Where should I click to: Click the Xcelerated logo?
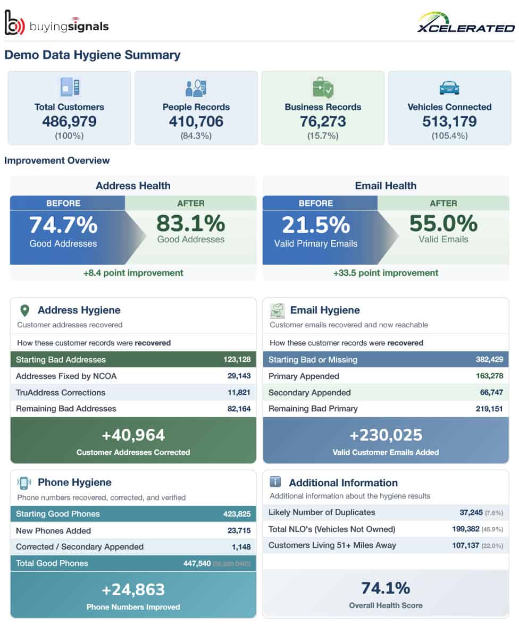click(x=465, y=23)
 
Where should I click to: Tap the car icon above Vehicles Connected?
click(x=449, y=87)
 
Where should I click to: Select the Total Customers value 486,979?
click(x=69, y=122)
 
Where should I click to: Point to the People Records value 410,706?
click(x=196, y=122)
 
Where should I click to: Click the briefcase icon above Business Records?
click(x=323, y=87)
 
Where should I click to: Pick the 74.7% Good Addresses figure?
click(x=63, y=224)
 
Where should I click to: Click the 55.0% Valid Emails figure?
click(x=443, y=223)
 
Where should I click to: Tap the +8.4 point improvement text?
click(x=133, y=273)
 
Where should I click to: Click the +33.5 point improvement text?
click(x=386, y=273)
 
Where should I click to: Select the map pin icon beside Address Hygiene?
click(x=24, y=310)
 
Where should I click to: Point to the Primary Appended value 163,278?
click(x=489, y=376)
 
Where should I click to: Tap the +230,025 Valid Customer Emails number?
click(x=386, y=435)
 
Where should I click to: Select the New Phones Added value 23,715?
click(x=238, y=530)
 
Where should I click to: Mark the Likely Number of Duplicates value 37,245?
click(x=471, y=512)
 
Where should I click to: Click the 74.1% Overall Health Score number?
click(x=386, y=588)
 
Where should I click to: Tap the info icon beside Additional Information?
click(x=275, y=482)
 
